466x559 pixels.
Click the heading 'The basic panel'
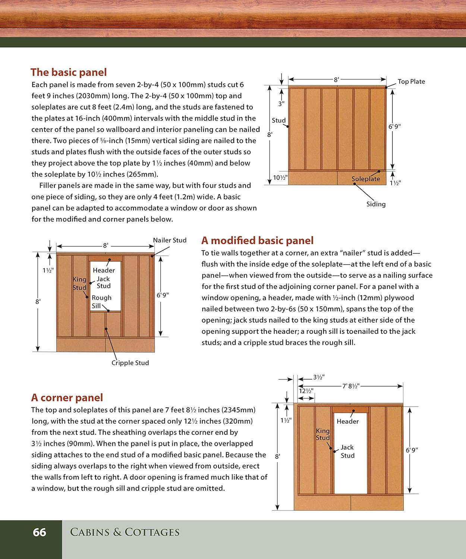tap(69, 72)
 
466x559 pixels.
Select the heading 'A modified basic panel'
tap(257, 240)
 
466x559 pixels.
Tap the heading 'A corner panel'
tap(67, 398)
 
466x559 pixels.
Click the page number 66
tap(40, 533)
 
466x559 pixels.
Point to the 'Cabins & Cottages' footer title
tap(125, 532)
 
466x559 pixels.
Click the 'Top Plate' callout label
tap(411, 81)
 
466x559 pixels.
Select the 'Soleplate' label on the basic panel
tap(366, 179)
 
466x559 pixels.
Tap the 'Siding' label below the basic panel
tap(376, 204)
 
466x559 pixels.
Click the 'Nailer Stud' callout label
tap(170, 240)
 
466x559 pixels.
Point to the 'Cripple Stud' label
tap(130, 363)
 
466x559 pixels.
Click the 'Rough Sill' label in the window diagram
tap(101, 302)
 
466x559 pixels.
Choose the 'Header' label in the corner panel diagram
tap(347, 421)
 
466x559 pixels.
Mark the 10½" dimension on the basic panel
tap(280, 178)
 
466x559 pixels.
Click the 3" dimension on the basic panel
tap(281, 104)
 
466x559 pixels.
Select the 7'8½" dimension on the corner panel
tap(351, 386)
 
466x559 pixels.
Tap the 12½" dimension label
tap(306, 391)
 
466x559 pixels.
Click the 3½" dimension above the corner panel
tap(319, 377)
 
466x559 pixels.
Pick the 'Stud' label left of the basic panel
tap(279, 120)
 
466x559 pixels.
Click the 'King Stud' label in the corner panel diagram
tap(323, 434)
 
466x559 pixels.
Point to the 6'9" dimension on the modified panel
tap(163, 295)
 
